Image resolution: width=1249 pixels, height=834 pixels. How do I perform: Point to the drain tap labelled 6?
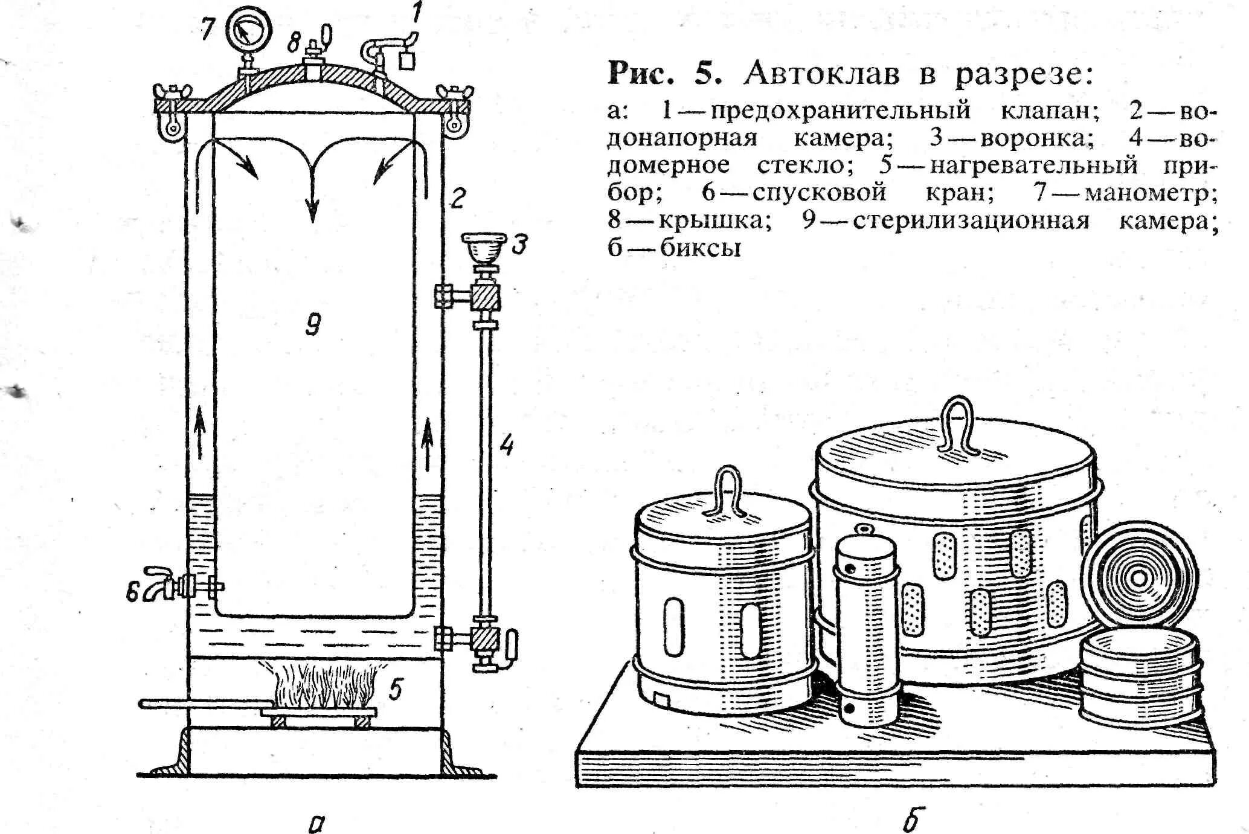[162, 583]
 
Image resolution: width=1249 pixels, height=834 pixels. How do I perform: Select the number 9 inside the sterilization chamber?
[313, 325]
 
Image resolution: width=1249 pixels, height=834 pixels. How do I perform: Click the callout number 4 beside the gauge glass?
[506, 444]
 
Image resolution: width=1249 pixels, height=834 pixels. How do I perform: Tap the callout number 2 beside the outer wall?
[457, 197]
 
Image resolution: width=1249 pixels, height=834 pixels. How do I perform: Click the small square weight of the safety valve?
[408, 61]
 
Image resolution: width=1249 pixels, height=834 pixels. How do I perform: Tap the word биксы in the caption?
[700, 249]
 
